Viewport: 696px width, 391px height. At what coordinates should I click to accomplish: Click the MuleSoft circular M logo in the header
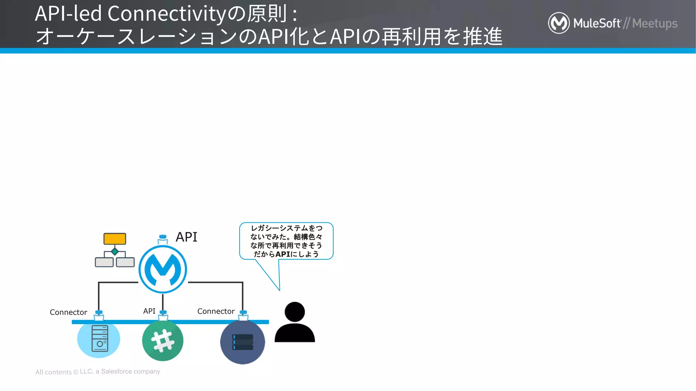(559, 23)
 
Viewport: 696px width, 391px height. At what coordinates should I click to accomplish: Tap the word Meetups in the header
(655, 23)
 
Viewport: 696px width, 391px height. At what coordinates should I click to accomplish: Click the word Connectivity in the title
(167, 14)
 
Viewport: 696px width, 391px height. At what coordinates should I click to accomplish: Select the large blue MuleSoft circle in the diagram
(163, 269)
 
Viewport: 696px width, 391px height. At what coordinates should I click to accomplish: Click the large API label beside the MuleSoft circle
(186, 237)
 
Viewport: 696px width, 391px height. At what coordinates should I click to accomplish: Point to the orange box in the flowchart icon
(115, 239)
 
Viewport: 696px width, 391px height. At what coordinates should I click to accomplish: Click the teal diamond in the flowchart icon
(115, 252)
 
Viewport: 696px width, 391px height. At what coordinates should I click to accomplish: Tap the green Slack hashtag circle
(163, 340)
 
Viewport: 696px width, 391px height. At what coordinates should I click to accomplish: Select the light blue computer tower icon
(99, 339)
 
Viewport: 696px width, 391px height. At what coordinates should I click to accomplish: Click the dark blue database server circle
(242, 342)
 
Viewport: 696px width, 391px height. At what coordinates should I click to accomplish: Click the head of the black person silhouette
(295, 312)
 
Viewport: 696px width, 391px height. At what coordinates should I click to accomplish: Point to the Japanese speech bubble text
(286, 241)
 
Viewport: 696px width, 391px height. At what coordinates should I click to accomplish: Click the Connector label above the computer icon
(68, 312)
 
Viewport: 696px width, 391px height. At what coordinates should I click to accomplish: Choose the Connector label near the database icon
(216, 311)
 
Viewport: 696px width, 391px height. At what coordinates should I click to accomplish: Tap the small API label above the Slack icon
(149, 311)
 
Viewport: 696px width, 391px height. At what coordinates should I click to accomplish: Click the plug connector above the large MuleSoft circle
(163, 239)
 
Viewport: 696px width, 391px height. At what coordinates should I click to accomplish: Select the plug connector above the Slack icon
(163, 315)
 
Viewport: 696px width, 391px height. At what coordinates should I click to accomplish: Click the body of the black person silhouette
(295, 333)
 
